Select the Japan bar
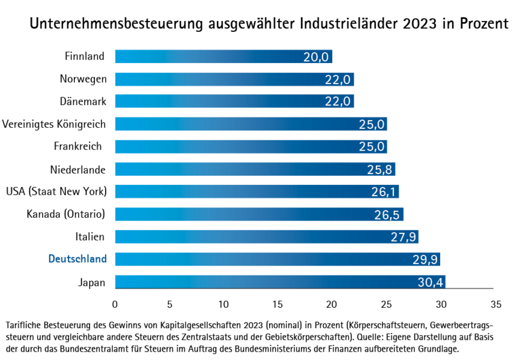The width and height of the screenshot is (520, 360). click(280, 281)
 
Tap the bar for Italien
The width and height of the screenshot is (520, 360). click(266, 236)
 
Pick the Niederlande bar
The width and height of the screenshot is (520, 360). click(255, 169)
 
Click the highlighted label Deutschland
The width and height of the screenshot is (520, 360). click(77, 259)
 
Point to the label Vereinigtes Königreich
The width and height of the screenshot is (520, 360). click(54, 124)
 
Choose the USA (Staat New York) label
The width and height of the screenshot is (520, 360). click(56, 191)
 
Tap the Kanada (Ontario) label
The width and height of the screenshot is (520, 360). click(66, 214)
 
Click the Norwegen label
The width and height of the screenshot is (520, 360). click(83, 79)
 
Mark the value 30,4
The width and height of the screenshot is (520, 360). click(431, 282)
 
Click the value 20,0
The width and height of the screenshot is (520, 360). click(317, 57)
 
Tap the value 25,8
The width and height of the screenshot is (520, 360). click(380, 169)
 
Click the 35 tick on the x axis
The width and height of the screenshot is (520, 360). click(495, 303)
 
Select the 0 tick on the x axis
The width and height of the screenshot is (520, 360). click(115, 303)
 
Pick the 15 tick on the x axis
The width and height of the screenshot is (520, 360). click(278, 303)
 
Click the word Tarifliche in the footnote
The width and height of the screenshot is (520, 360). click(22, 325)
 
